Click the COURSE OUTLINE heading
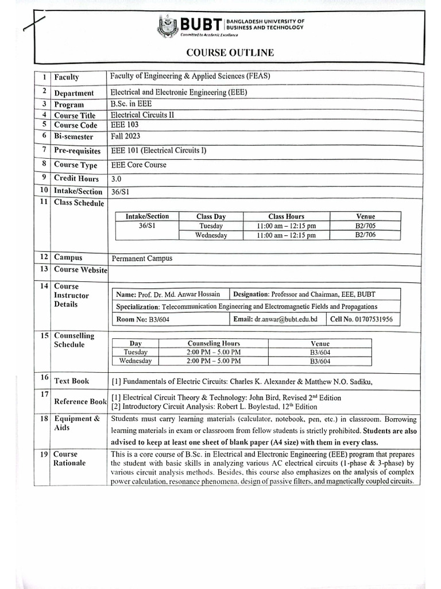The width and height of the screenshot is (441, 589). point(230,53)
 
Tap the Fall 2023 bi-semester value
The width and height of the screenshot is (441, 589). point(125,136)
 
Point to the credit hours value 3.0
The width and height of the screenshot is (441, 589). point(117,179)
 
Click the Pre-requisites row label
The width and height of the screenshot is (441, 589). point(77,151)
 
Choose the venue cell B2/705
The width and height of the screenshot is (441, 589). point(365,226)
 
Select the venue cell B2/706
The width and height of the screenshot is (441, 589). point(365,235)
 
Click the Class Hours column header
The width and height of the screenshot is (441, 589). point(286,217)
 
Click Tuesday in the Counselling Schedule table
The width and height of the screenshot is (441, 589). point(136,352)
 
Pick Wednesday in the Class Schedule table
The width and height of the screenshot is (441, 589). point(211,235)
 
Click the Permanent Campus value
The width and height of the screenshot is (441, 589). point(142,259)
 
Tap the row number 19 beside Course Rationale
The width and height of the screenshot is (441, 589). point(44,454)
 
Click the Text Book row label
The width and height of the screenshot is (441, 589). point(71,381)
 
